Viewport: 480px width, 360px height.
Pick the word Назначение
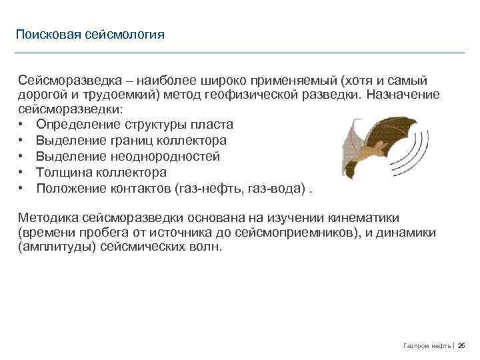coord(404,94)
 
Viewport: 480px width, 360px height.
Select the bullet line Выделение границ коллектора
coord(131,141)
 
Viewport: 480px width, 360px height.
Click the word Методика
coord(48,218)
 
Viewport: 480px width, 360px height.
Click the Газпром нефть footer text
coord(427,345)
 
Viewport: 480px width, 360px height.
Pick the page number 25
coord(461,345)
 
